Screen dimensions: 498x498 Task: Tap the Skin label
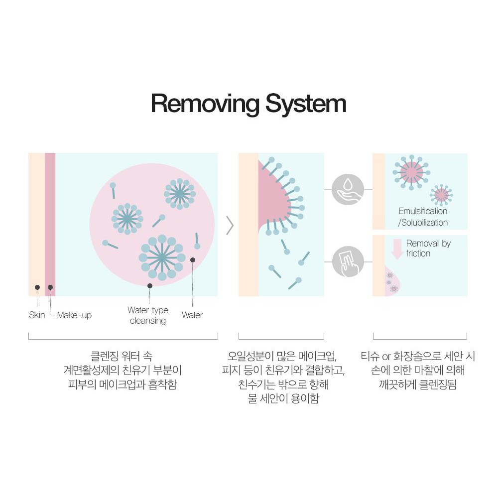point(37,315)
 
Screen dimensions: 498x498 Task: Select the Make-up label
point(74,315)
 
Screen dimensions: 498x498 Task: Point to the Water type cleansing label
point(148,315)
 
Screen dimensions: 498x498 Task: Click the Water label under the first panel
point(192,315)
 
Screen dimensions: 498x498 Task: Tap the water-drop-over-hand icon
point(348,189)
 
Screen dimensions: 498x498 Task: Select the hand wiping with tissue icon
point(348,261)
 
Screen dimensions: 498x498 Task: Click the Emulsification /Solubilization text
point(423,217)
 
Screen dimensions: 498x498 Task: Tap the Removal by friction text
point(428,248)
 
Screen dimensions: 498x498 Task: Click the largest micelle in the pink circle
point(161,257)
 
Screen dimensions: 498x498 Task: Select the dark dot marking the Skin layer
point(37,287)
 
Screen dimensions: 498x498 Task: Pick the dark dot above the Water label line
point(193,259)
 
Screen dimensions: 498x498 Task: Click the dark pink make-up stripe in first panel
point(50,224)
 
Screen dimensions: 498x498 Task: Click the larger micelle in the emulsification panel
point(411,172)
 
